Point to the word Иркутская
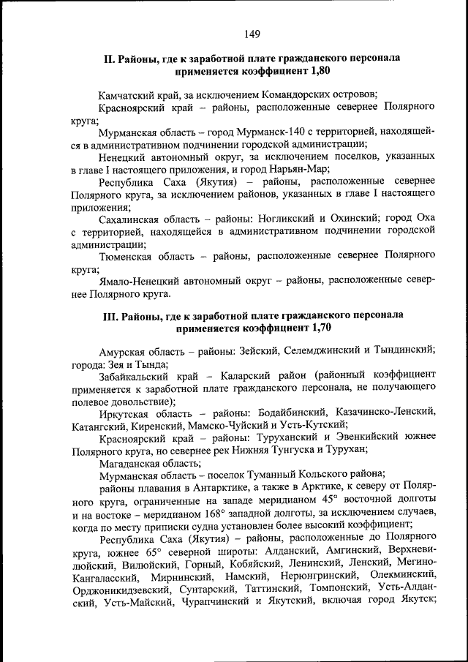(124, 413)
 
